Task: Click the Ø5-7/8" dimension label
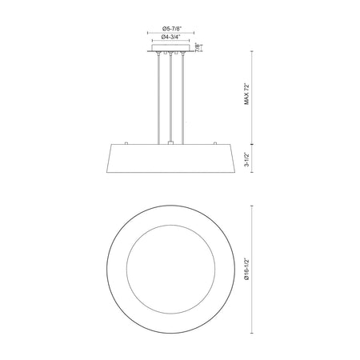171,28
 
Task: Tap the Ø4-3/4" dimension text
171,37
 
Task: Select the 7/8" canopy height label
198,47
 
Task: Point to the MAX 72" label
246,94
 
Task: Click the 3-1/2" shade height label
246,160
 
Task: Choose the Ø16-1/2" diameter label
246,270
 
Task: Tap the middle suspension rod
170,98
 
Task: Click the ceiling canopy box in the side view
170,48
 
